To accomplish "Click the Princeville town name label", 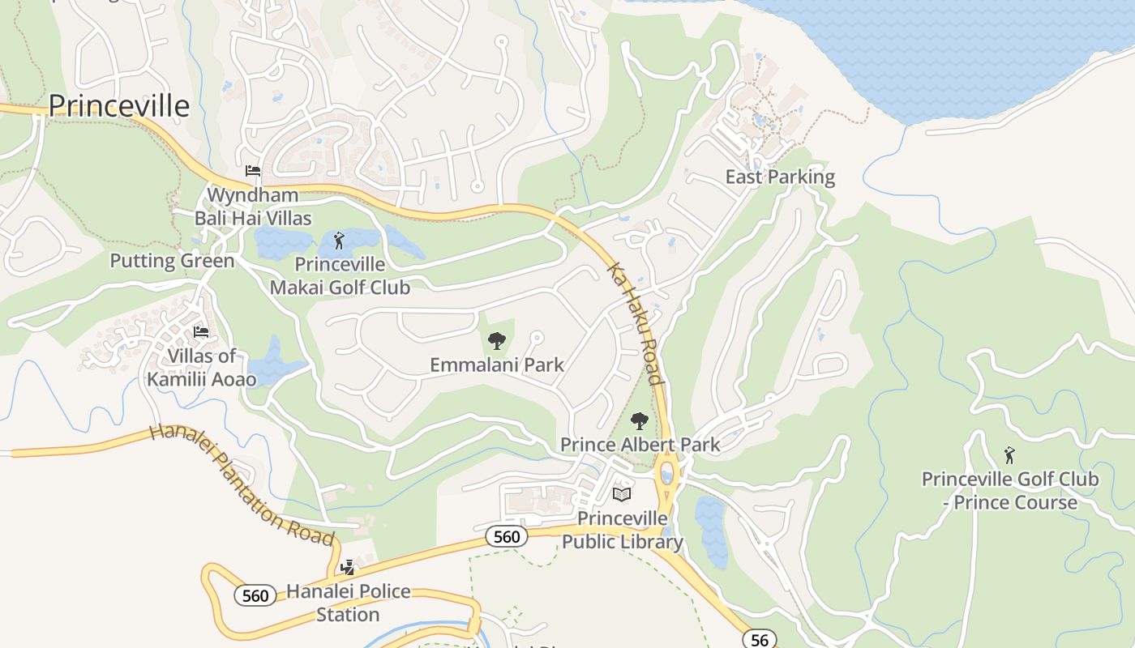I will (119, 106).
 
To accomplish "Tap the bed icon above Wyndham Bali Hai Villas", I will (253, 171).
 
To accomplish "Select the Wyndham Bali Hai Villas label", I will (253, 207).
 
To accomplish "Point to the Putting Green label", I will (172, 261).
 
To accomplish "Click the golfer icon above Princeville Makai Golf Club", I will (339, 241).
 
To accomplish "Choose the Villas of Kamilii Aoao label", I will (202, 367).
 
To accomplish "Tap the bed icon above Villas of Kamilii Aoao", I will (201, 332).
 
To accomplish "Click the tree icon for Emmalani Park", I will (497, 341).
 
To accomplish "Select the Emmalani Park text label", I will (497, 364).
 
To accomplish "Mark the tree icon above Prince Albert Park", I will (640, 421).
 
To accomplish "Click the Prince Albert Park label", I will (640, 445).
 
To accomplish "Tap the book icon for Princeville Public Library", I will (622, 494).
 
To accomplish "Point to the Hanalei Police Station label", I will (348, 603).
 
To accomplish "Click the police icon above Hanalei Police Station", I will (348, 568).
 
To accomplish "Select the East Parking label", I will (780, 177).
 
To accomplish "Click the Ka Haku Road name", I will (636, 323).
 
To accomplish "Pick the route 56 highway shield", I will (759, 639).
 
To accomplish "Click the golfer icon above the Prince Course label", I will (1009, 455).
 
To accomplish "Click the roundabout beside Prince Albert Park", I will (667, 471).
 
